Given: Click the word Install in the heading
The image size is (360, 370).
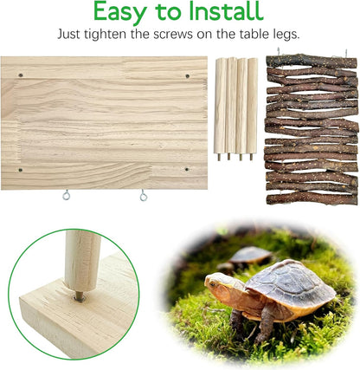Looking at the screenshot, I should click(x=224, y=12).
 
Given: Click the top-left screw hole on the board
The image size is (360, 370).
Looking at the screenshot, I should click(x=21, y=75).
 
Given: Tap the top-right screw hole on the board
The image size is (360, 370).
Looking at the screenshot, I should click(x=186, y=76).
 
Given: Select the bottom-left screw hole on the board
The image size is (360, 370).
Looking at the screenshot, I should click(x=21, y=170).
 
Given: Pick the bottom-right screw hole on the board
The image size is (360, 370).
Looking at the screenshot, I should click(x=186, y=170).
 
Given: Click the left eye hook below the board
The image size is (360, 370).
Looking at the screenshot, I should click(x=66, y=196).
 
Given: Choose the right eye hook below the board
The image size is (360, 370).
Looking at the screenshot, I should click(x=144, y=196).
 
